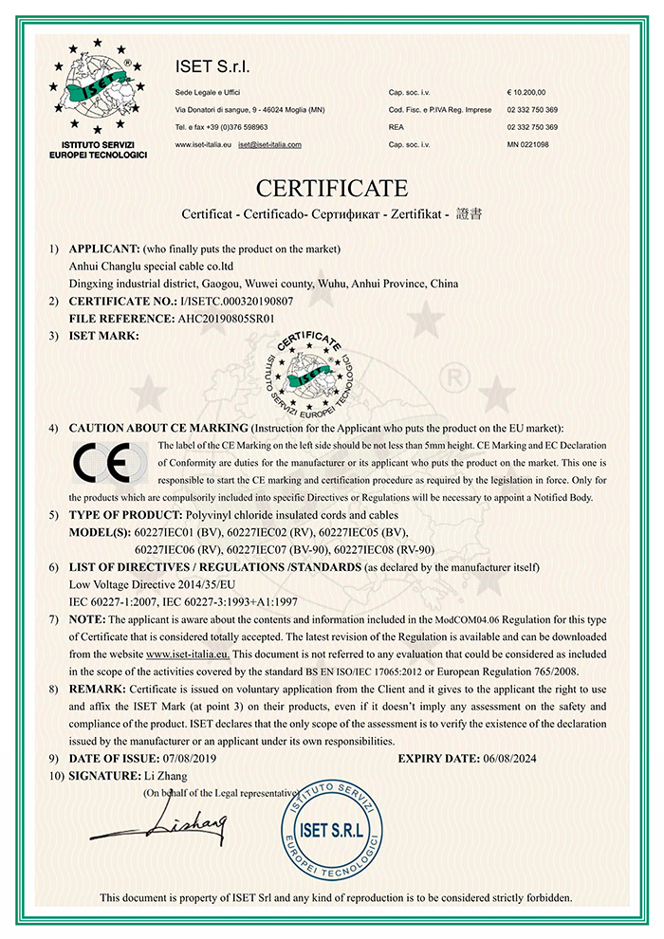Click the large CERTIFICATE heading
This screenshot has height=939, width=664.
tap(331, 186)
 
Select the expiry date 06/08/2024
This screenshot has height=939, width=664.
tap(522, 758)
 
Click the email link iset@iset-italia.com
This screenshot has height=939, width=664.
tap(269, 144)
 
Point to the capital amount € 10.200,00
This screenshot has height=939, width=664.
tap(527, 93)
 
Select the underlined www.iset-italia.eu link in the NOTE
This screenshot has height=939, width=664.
tap(189, 654)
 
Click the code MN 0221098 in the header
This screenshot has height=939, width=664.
tap(528, 144)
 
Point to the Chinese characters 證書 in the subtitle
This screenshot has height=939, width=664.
tap(469, 213)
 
